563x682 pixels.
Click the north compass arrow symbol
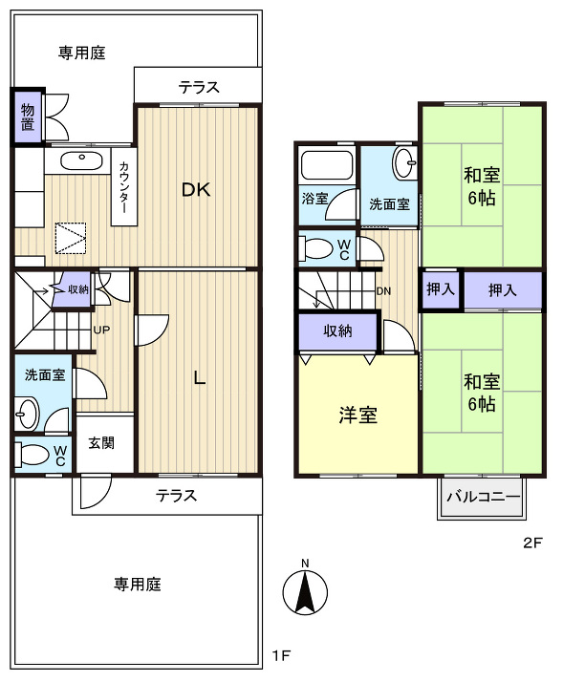pyautogui.click(x=304, y=592)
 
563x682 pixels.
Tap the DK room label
pyautogui.click(x=196, y=189)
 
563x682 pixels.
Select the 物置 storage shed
pyautogui.click(x=27, y=117)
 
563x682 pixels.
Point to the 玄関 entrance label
pyautogui.click(x=102, y=443)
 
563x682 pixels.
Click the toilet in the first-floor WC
pyautogui.click(x=34, y=454)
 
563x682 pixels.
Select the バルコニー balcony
pyautogui.click(x=484, y=498)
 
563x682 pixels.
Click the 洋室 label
pyautogui.click(x=358, y=416)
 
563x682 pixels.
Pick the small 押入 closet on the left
pyautogui.click(x=441, y=289)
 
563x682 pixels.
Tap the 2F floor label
pyautogui.click(x=531, y=543)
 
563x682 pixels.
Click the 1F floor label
pyautogui.click(x=279, y=656)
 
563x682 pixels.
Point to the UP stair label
pyautogui.click(x=100, y=330)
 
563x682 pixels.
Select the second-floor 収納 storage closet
pyautogui.click(x=337, y=331)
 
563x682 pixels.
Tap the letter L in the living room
pyautogui.click(x=199, y=377)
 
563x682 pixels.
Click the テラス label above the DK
pyautogui.click(x=199, y=88)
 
